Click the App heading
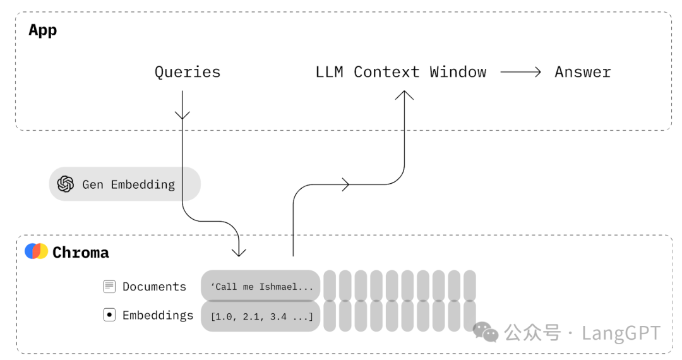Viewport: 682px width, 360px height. pyautogui.click(x=43, y=30)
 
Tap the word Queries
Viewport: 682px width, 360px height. pyautogui.click(x=188, y=72)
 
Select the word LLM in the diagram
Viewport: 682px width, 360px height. pyautogui.click(x=329, y=72)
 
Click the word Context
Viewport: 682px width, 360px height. pyautogui.click(x=386, y=72)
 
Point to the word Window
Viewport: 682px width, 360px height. pyautogui.click(x=458, y=72)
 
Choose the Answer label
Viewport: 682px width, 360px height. pyautogui.click(x=583, y=72)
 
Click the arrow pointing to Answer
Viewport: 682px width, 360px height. pyautogui.click(x=520, y=72)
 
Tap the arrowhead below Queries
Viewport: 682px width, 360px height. pyautogui.click(x=182, y=114)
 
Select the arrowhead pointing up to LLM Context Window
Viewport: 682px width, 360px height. pyautogui.click(x=405, y=95)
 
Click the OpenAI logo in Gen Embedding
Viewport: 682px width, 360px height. pyautogui.click(x=66, y=184)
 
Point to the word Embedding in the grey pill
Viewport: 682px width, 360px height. pyautogui.click(x=143, y=185)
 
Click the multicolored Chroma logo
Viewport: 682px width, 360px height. pyautogui.click(x=36, y=251)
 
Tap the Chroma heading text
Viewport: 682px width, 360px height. pyautogui.click(x=80, y=253)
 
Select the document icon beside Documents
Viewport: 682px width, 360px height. pyautogui.click(x=109, y=287)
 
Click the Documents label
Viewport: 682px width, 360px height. pyautogui.click(x=155, y=287)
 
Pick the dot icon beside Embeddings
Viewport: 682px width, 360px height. pyautogui.click(x=109, y=315)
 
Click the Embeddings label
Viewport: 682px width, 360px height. pyautogui.click(x=158, y=315)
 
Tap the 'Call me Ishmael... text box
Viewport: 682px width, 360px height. pyautogui.click(x=261, y=285)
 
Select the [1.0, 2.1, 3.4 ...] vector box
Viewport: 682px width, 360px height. pyautogui.click(x=261, y=316)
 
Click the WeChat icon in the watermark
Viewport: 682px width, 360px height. pyautogui.click(x=486, y=332)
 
